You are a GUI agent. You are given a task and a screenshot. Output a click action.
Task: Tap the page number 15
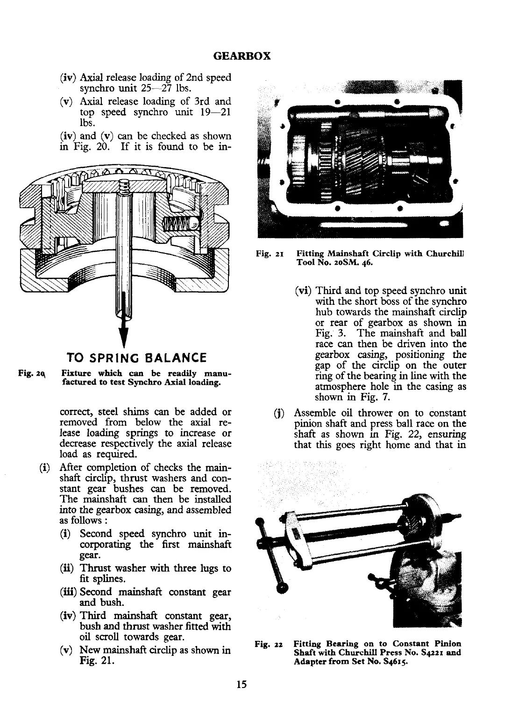(241, 684)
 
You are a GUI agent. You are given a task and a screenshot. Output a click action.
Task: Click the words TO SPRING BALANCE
(137, 358)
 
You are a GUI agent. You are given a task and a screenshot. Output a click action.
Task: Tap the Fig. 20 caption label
(30, 373)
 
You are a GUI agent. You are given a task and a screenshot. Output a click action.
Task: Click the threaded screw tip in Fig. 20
(124, 187)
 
